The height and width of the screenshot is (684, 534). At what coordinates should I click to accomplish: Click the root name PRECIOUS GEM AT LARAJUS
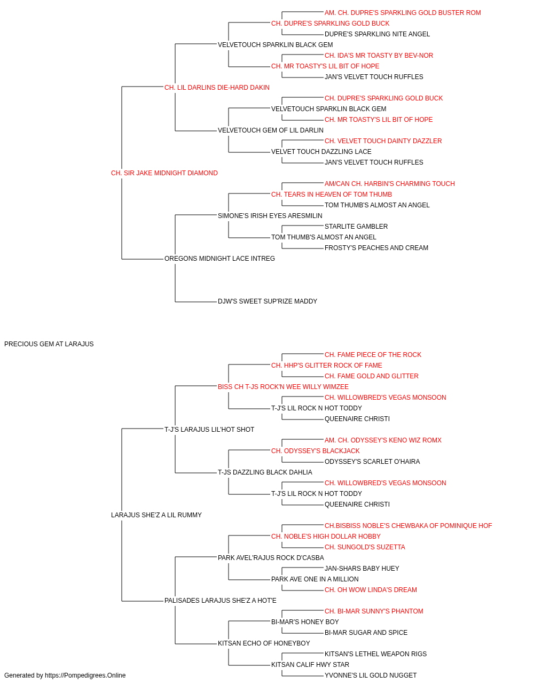coord(49,344)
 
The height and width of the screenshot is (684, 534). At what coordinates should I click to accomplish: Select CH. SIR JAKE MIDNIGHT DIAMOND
coord(164,173)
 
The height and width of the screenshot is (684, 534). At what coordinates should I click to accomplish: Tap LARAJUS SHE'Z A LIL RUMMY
coord(156,515)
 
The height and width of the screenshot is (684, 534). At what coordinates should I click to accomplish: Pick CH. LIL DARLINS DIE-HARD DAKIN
coord(217,88)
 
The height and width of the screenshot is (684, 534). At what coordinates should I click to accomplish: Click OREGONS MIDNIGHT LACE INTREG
coord(219,259)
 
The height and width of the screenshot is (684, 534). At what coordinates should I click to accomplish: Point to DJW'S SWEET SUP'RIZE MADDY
coord(268,301)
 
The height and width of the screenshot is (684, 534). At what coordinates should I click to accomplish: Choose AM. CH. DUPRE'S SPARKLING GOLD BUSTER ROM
coord(403,13)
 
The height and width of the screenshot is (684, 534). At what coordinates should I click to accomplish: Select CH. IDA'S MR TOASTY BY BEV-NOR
coord(379,56)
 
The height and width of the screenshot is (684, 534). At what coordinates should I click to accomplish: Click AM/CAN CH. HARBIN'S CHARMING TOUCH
coord(390,183)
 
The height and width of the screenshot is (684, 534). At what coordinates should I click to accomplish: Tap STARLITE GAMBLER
coord(356,227)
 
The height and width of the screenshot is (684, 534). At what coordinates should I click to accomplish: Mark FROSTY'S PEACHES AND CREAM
coord(376,248)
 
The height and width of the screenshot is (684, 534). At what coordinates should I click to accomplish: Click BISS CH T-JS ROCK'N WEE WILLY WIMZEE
coord(283,386)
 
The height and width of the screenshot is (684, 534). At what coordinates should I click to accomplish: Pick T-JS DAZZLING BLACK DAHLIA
coord(265,472)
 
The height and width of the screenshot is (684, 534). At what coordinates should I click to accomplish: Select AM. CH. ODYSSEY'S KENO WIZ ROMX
coord(383,440)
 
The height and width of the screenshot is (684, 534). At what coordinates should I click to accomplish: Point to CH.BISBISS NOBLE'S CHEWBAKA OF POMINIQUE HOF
coord(408,526)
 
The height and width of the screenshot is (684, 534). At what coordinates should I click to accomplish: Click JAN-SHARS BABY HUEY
coord(362,569)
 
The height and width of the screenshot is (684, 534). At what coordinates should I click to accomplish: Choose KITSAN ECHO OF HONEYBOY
coord(264,643)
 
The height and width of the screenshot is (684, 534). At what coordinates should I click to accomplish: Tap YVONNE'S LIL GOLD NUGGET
coord(371,675)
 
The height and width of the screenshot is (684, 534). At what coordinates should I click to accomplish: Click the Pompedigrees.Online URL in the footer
coord(85,675)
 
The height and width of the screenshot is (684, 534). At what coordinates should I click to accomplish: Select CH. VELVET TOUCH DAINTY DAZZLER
coord(383,141)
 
